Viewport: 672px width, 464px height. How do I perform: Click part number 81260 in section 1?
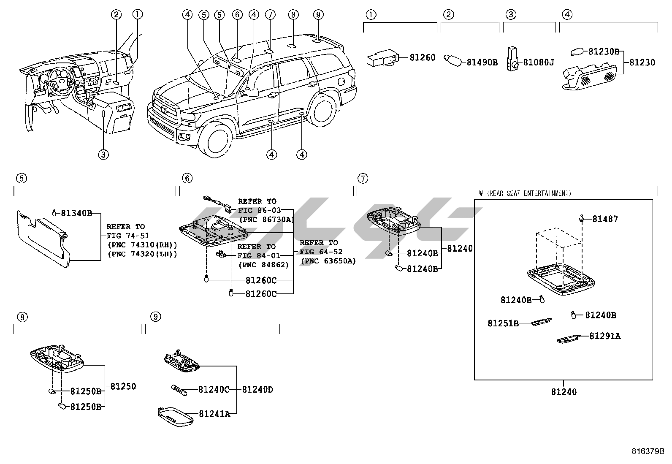(x=423, y=57)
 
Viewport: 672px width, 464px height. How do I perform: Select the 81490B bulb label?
(x=482, y=62)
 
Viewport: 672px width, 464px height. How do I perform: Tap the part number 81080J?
(x=539, y=62)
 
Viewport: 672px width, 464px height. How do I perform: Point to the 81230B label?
(x=604, y=52)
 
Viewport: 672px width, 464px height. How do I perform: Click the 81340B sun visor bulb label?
(x=76, y=213)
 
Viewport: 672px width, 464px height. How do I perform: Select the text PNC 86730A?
(x=266, y=220)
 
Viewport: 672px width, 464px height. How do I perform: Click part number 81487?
(x=605, y=219)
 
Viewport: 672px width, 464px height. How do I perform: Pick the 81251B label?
(x=503, y=323)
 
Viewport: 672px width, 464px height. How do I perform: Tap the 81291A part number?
(x=605, y=336)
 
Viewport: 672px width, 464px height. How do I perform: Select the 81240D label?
(x=257, y=390)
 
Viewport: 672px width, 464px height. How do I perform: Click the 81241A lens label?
(x=214, y=414)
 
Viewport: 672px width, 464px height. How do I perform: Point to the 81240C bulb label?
(x=214, y=390)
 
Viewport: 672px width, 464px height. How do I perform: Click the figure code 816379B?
(x=648, y=451)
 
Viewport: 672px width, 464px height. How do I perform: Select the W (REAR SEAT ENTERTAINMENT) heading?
(x=525, y=193)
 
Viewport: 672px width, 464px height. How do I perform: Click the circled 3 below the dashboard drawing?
(x=103, y=155)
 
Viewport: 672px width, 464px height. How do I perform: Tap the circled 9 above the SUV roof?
(x=318, y=14)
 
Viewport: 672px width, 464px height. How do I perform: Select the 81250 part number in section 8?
(x=123, y=386)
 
